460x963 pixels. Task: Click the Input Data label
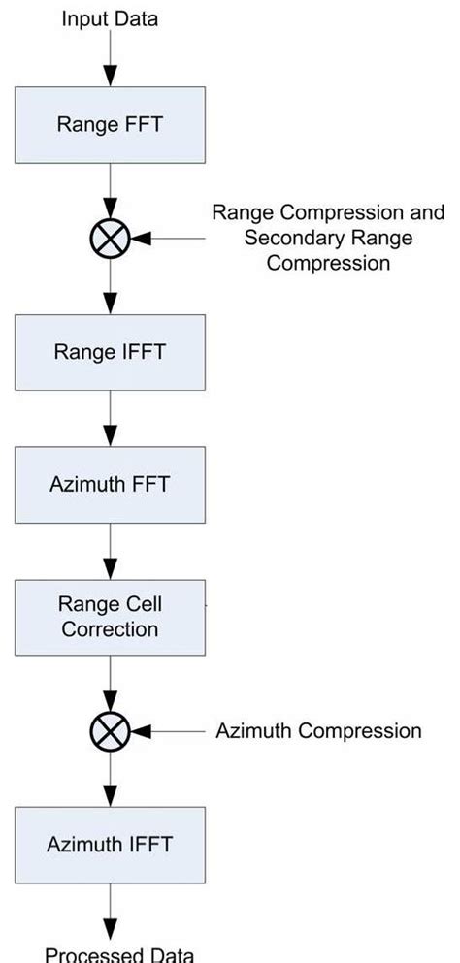[x=110, y=18]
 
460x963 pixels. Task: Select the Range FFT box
[x=110, y=125]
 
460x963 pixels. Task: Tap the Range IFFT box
[x=110, y=351]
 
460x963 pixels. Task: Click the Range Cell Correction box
[x=110, y=617]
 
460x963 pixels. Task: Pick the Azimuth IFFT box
[x=110, y=844]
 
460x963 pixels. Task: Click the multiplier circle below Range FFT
[x=110, y=238]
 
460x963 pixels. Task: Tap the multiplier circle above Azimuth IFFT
[x=110, y=731]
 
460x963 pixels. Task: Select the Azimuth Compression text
[x=318, y=731]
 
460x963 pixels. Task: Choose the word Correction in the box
[x=110, y=628]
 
